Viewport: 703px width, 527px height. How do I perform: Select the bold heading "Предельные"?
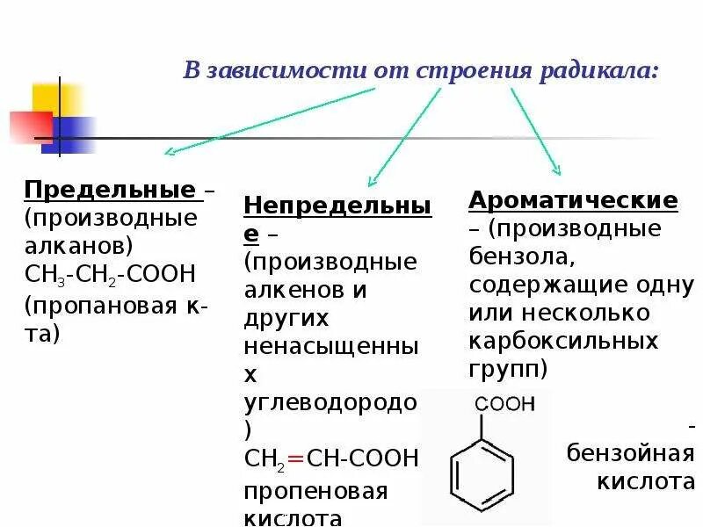coord(110,190)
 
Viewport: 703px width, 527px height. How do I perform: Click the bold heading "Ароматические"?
coord(573,200)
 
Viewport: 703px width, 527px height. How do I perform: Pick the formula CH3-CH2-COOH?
coord(110,274)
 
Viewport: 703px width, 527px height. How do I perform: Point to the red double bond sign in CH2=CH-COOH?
coord(295,458)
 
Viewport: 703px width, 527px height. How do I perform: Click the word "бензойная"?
coord(630,454)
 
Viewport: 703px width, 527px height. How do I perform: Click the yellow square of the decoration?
coord(56,99)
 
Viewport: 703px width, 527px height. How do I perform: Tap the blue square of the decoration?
coord(72,134)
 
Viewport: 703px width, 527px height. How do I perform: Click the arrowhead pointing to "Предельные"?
coord(170,152)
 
